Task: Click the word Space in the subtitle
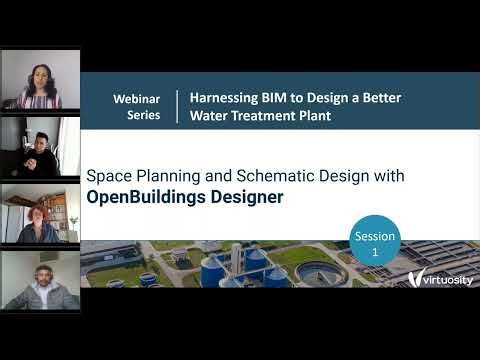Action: pos(109,175)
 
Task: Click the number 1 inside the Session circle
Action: pos(376,253)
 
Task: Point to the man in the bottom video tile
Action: pos(40,285)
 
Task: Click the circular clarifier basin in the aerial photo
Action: pos(320,270)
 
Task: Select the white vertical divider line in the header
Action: pos(176,106)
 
